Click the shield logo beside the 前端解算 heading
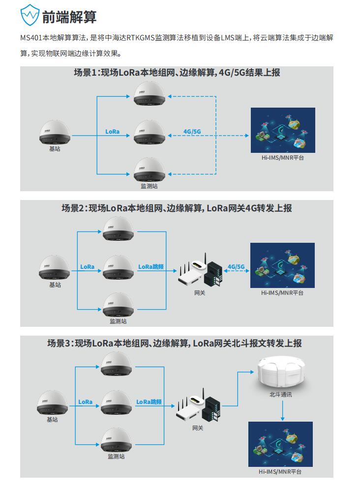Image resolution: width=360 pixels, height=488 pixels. [30, 16]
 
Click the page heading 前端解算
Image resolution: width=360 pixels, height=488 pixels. [69, 17]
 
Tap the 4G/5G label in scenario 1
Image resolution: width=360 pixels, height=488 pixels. [192, 132]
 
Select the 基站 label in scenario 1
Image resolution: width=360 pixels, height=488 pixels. [55, 148]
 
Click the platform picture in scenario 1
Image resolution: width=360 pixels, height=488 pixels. [282, 129]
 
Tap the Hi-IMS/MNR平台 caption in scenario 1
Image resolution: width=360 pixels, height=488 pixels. [282, 158]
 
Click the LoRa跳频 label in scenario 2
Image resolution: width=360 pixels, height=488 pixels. [150, 267]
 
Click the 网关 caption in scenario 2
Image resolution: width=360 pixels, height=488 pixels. [200, 293]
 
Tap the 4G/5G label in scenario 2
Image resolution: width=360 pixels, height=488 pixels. [236, 267]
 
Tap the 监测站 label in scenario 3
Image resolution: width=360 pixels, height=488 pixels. [116, 457]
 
